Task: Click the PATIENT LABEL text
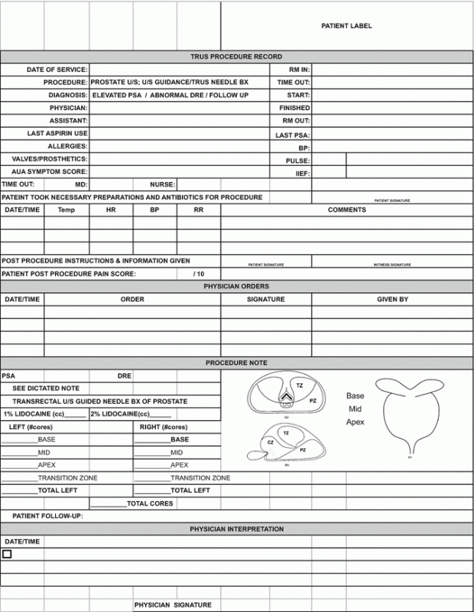(x=346, y=26)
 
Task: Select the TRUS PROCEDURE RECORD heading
(x=236, y=57)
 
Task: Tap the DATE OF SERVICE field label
(x=57, y=70)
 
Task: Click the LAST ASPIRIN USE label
(x=57, y=133)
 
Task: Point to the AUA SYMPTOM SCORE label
(x=52, y=171)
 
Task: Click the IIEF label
(x=301, y=174)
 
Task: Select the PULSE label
(x=298, y=161)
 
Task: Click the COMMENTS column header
(x=347, y=210)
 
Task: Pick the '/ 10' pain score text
(x=200, y=273)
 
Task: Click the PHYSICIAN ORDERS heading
(x=236, y=286)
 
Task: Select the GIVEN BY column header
(x=392, y=299)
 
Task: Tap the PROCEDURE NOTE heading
(x=236, y=363)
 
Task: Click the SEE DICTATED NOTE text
(x=46, y=389)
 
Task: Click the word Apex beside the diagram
(x=355, y=422)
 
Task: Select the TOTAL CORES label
(x=150, y=503)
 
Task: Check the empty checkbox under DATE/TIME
(x=7, y=553)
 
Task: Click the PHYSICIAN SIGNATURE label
(x=173, y=605)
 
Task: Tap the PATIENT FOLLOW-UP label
(x=47, y=516)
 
